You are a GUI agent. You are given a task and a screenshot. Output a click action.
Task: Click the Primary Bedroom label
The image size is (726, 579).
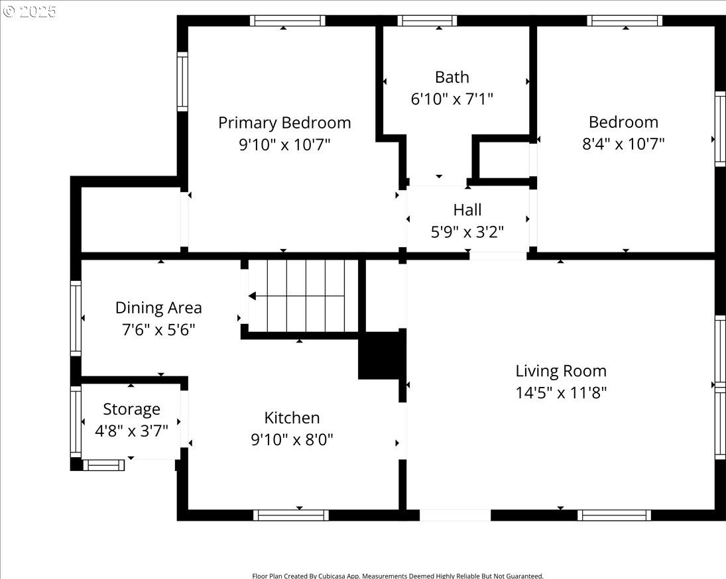[x=284, y=123]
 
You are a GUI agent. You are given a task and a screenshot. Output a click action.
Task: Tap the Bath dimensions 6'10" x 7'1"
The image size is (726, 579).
[x=452, y=99]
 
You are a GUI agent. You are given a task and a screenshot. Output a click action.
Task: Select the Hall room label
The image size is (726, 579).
[x=467, y=209]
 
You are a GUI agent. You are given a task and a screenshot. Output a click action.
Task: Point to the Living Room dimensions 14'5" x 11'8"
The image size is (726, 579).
[x=561, y=393]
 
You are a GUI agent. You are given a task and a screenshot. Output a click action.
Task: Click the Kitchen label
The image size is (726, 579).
[x=292, y=417]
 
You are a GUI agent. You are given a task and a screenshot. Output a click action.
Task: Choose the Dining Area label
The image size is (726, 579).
[x=158, y=307]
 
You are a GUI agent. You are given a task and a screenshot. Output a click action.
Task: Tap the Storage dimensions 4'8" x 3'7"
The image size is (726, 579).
[x=131, y=431]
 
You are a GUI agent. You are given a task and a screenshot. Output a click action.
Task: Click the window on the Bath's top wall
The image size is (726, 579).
[x=427, y=21]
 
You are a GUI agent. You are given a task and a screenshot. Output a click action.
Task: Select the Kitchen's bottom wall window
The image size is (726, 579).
[x=291, y=515]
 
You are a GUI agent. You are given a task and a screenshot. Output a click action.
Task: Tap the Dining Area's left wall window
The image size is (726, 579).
[x=76, y=318]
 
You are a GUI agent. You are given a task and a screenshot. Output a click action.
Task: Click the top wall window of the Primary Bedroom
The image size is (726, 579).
[x=287, y=21]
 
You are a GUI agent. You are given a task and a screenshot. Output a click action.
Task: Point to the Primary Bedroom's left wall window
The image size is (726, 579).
[x=182, y=81]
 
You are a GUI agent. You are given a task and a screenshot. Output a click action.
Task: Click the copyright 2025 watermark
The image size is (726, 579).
[x=30, y=11]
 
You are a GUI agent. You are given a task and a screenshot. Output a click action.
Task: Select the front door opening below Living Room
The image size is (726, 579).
[x=455, y=515]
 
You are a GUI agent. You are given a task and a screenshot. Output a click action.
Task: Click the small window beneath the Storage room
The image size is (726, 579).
[x=103, y=465]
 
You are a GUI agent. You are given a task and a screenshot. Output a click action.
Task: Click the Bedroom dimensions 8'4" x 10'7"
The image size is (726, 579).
[x=623, y=144]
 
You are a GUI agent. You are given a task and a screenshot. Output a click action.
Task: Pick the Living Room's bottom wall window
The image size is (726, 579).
[x=614, y=515]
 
